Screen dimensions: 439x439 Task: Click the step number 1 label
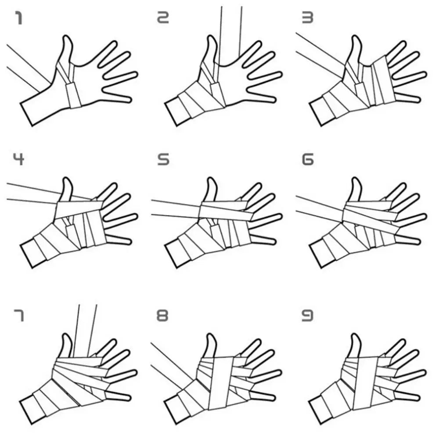click(x=19, y=18)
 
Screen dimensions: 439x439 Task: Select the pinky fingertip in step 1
click(x=128, y=99)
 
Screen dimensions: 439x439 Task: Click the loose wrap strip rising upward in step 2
click(x=231, y=31)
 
